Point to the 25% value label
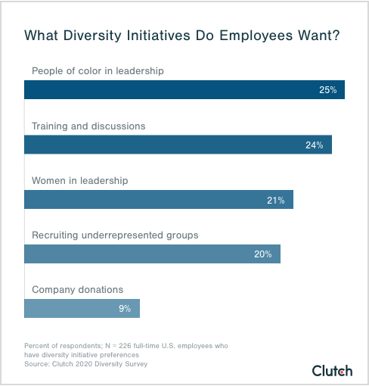click(327, 91)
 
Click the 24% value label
click(315, 145)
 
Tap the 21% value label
click(275, 200)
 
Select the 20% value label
click(262, 254)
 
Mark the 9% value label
click(124, 309)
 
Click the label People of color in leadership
click(98, 71)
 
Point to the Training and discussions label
click(88, 126)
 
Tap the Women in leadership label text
click(79, 181)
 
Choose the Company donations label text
click(77, 290)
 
